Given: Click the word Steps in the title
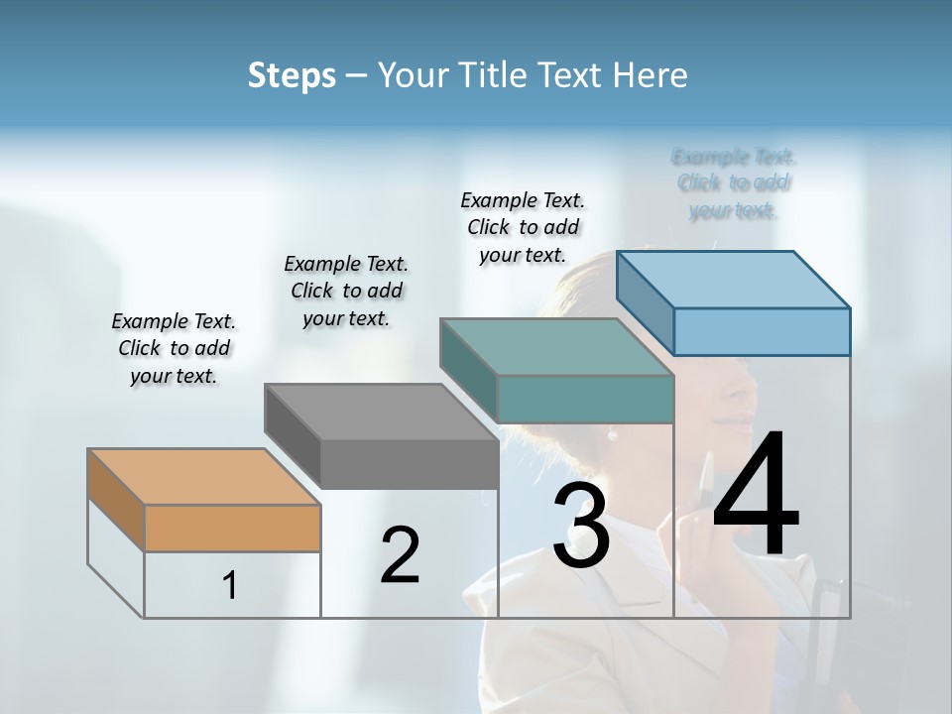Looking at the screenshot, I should pyautogui.click(x=292, y=75).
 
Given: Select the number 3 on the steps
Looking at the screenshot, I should pyautogui.click(x=581, y=527).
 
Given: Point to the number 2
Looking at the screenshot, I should pyautogui.click(x=401, y=555).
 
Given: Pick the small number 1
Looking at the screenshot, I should pyautogui.click(x=230, y=586).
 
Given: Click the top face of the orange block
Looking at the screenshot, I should pyautogui.click(x=203, y=477).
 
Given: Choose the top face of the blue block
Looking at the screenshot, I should pyautogui.click(x=734, y=280).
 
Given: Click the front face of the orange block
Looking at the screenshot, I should pyautogui.click(x=232, y=528).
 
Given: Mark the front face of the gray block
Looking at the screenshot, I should pyautogui.click(x=409, y=464).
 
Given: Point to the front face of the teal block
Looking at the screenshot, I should pyautogui.click(x=585, y=399).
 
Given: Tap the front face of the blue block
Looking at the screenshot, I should pyautogui.click(x=762, y=331).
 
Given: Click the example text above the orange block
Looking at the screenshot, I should pyautogui.click(x=174, y=348).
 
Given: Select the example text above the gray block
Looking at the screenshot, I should pyautogui.click(x=346, y=291).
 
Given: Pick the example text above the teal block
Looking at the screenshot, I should pyautogui.click(x=523, y=227).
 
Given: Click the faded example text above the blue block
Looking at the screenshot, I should pyautogui.click(x=734, y=183).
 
